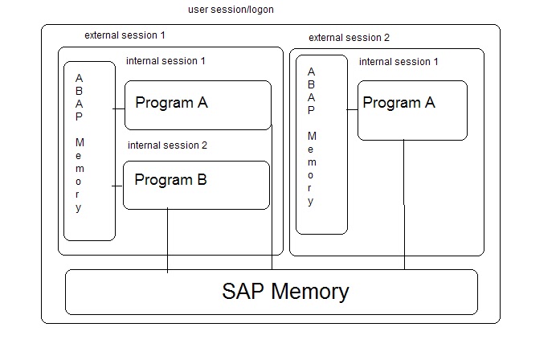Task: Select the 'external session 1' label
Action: tap(125, 35)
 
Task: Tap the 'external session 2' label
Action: tap(349, 38)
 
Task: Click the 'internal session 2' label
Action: tap(167, 145)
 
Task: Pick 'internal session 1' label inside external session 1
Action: tap(166, 61)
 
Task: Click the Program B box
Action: tap(196, 186)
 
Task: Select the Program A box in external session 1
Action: tap(198, 105)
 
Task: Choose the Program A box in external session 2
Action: tap(412, 110)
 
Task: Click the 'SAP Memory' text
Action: tap(285, 291)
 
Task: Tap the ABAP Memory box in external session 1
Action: tap(89, 150)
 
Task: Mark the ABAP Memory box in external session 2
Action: tap(321, 145)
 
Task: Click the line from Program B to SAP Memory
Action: tap(167, 240)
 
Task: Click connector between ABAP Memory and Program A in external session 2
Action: tap(353, 111)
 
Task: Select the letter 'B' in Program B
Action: tap(202, 179)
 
